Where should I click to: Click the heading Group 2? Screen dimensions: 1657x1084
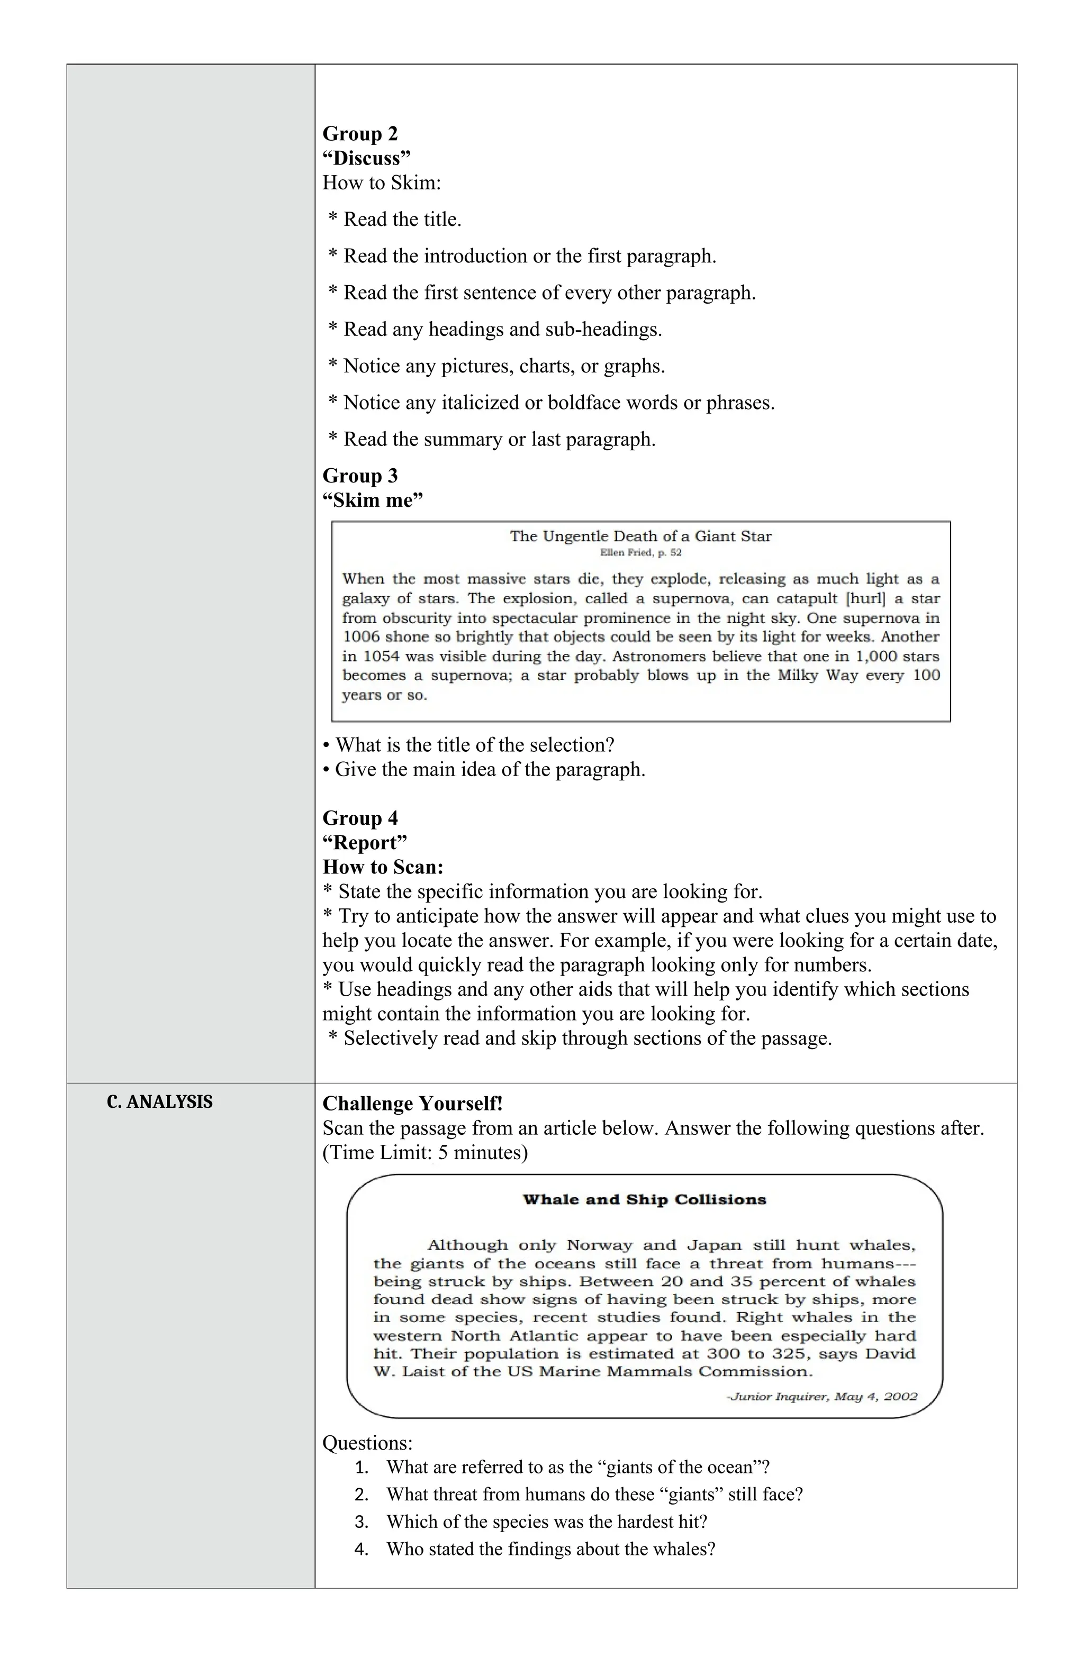coord(359,134)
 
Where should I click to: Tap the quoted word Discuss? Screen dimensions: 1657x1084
coord(366,158)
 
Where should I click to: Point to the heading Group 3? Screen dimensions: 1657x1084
coord(359,476)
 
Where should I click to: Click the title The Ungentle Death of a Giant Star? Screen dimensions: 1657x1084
coord(640,536)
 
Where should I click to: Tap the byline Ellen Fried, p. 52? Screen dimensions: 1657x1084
coord(640,553)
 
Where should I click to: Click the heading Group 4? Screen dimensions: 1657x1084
coord(359,818)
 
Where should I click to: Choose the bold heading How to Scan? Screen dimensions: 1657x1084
coord(383,867)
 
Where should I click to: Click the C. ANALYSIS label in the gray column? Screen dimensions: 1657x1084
coord(159,1101)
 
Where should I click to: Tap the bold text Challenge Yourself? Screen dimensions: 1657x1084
coord(412,1104)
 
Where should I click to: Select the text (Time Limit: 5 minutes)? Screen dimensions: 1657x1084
coord(425,1152)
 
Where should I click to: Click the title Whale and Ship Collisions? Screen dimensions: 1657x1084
coord(644,1199)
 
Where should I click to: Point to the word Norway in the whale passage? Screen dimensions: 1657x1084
coord(599,1245)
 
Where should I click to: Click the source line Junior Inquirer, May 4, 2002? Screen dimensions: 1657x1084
coord(821,1397)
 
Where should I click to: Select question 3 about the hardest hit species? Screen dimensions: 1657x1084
coord(546,1521)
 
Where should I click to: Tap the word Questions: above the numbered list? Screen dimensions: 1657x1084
coord(367,1443)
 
